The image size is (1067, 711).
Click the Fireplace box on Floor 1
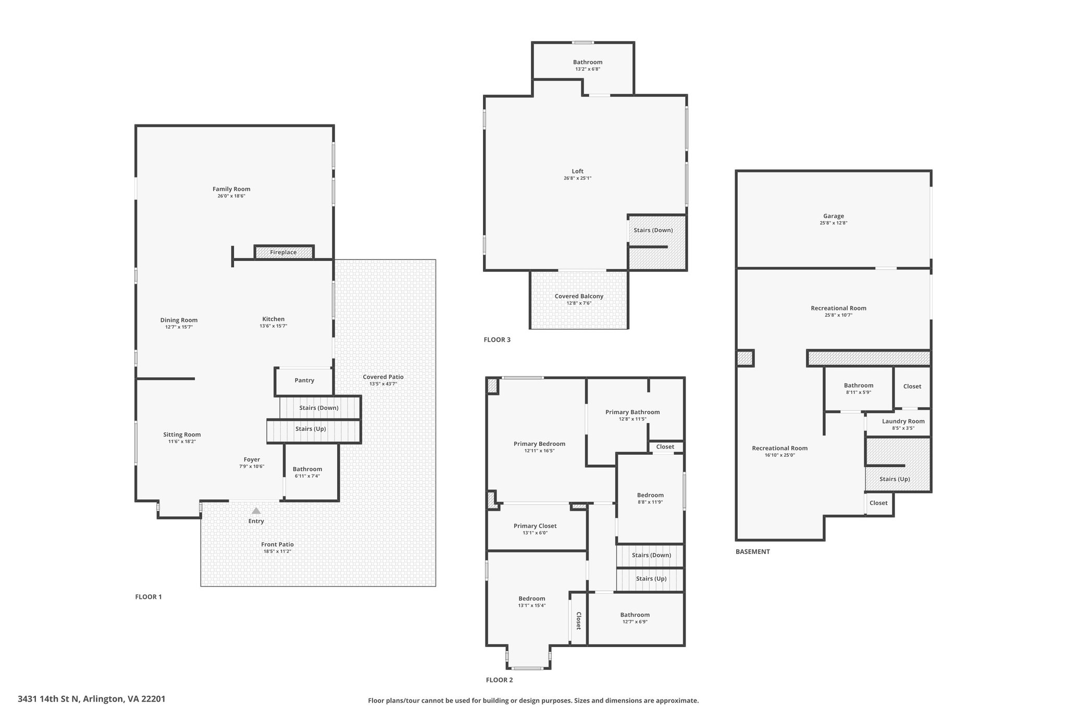tap(284, 252)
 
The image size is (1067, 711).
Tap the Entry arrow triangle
tap(256, 511)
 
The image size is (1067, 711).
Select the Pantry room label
tap(304, 380)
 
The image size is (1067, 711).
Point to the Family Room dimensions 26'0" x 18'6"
tap(231, 196)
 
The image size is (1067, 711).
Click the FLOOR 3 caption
tap(497, 340)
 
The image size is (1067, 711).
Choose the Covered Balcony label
tap(579, 296)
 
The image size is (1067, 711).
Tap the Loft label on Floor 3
tap(578, 171)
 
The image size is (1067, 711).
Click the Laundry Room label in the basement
tap(903, 421)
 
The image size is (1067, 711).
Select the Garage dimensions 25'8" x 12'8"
tap(834, 223)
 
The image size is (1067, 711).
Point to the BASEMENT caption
tap(752, 552)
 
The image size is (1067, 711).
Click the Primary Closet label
tap(535, 526)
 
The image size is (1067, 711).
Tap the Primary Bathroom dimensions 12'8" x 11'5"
tap(632, 419)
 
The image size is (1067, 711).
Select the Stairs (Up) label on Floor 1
tap(311, 429)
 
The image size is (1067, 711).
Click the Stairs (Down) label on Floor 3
tap(653, 230)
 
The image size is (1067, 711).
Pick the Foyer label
tap(252, 459)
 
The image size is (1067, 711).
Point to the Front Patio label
tap(277, 544)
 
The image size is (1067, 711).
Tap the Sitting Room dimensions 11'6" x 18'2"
tap(182, 442)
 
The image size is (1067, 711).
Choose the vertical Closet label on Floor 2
tap(578, 620)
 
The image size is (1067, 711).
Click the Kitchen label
tap(274, 319)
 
